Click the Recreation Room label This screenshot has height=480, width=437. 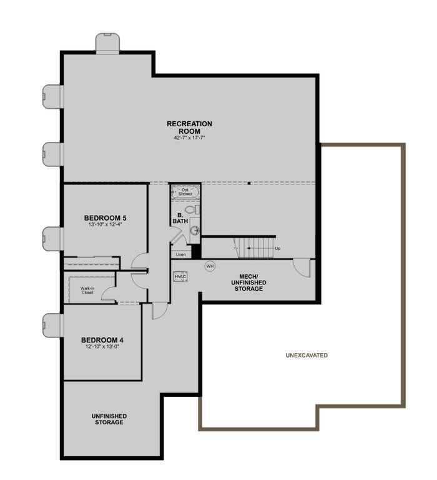(x=189, y=127)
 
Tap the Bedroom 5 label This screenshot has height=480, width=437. (x=106, y=217)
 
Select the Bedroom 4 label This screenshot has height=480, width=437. (x=103, y=340)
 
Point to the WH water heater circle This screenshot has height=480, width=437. (x=210, y=266)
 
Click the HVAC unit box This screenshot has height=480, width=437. (x=180, y=276)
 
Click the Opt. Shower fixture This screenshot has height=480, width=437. (x=185, y=192)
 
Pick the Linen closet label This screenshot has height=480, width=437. (x=180, y=254)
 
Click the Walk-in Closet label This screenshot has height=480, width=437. (x=87, y=291)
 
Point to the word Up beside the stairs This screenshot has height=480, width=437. (x=277, y=248)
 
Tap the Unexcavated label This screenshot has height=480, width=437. (x=307, y=355)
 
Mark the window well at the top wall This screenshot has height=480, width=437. (x=108, y=43)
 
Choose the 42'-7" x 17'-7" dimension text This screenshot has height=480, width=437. (x=189, y=137)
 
